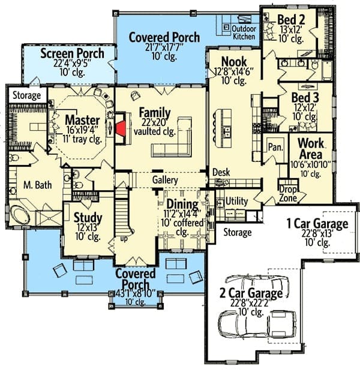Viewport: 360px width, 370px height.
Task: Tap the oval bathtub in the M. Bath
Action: pyautogui.click(x=20, y=215)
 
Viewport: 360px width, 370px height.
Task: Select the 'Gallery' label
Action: pyautogui.click(x=165, y=180)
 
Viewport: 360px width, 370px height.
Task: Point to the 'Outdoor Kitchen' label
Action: pyautogui.click(x=244, y=32)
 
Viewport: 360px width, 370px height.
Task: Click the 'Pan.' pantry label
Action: pyautogui.click(x=275, y=147)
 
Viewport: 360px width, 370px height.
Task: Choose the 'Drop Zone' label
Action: pyautogui.click(x=288, y=194)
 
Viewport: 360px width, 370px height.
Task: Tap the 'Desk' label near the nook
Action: pyautogui.click(x=221, y=172)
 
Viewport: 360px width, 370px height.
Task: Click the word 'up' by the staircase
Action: pyautogui.click(x=124, y=239)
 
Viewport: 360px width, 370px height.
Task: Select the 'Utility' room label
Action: pyautogui.click(x=236, y=201)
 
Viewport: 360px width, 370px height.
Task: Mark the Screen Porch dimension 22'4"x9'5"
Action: pyautogui.click(x=72, y=63)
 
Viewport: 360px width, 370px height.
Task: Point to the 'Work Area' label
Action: pyautogui.click(x=311, y=149)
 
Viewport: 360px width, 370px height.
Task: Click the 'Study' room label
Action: pyautogui.click(x=88, y=218)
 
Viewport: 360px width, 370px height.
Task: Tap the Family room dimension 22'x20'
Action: pyautogui.click(x=155, y=122)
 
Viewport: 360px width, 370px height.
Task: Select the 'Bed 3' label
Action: pyautogui.click(x=305, y=98)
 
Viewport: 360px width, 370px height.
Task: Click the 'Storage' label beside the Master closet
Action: pyautogui.click(x=26, y=95)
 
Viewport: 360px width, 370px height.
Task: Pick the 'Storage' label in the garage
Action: pyautogui.click(x=237, y=232)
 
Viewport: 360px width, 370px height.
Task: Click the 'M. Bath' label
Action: pyautogui.click(x=38, y=185)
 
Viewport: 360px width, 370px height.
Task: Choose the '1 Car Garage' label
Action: pyautogui.click(x=317, y=223)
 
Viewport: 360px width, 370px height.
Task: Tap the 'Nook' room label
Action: pyautogui.click(x=234, y=62)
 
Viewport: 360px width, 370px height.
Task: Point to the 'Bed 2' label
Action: pyautogui.click(x=291, y=19)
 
